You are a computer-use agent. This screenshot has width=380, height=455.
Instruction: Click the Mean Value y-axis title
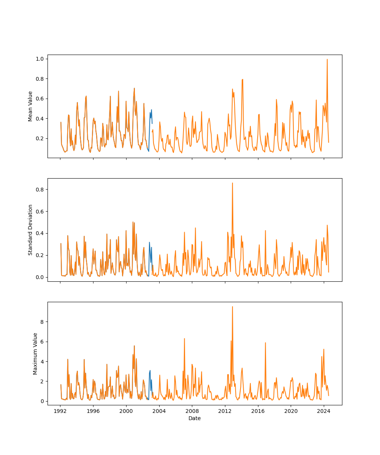(30, 106)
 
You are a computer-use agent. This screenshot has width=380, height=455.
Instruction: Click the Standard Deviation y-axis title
(30, 230)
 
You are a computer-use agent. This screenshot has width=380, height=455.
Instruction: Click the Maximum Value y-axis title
(35, 353)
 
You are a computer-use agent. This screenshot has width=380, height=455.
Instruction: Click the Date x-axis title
(195, 418)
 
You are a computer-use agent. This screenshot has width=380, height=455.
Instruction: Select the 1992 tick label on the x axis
(60, 411)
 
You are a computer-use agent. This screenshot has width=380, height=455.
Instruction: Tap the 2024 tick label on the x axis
(324, 411)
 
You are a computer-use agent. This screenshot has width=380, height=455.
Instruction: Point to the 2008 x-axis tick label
(192, 411)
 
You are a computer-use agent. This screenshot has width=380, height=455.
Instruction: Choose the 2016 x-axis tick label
(258, 411)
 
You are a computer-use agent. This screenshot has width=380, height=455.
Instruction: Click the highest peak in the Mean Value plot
(327, 60)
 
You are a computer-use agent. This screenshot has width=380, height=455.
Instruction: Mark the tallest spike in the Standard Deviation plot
(233, 183)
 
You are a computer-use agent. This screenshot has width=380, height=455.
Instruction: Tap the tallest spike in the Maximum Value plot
(233, 307)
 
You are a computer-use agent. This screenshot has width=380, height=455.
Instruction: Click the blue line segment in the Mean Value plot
(150, 114)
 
